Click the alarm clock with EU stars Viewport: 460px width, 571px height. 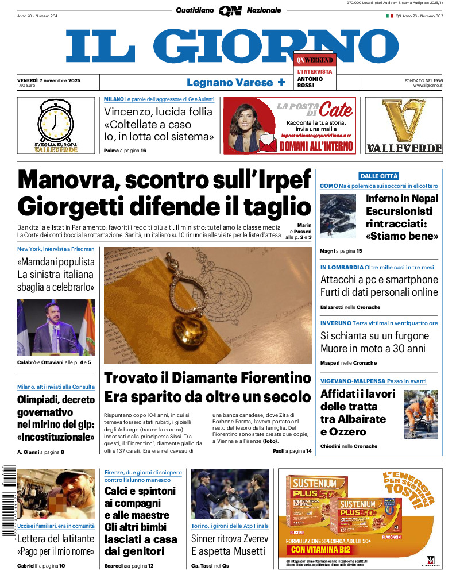click(x=56, y=121)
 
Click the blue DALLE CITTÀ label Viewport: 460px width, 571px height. click(x=378, y=176)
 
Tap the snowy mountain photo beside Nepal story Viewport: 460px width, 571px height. click(x=338, y=215)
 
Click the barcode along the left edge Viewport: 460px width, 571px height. click(x=7, y=500)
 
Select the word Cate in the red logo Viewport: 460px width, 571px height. click(x=336, y=109)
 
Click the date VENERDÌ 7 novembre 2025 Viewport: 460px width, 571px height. click(x=49, y=80)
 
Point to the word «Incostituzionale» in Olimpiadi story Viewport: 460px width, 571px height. click(x=56, y=437)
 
